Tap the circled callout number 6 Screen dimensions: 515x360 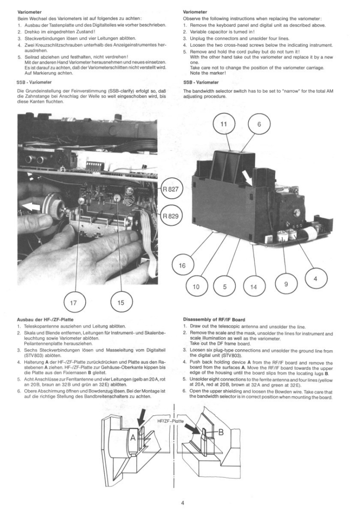(x=260, y=124)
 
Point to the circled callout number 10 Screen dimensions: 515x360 (x=197, y=286)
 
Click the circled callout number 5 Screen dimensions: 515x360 (x=225, y=286)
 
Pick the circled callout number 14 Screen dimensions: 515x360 (x=254, y=286)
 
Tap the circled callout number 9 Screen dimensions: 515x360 (x=286, y=284)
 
